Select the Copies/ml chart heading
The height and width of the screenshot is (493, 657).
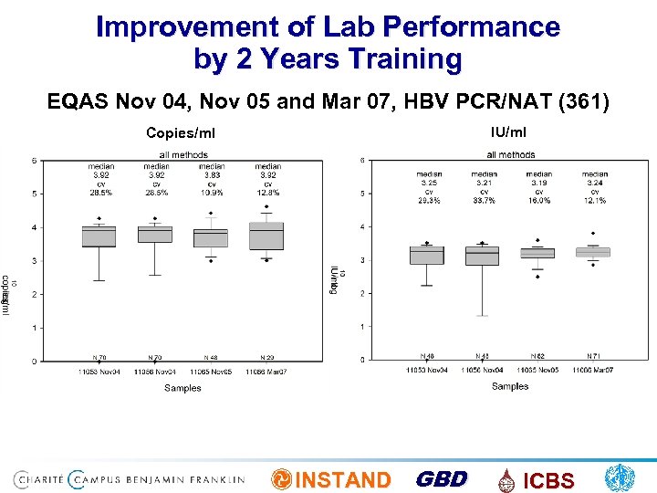coord(181,133)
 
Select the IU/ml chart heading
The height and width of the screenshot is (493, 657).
coord(508,132)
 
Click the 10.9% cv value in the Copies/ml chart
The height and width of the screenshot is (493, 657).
coord(212,193)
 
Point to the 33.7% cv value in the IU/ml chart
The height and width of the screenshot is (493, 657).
coord(484,200)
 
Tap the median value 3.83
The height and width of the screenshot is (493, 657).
coord(212,174)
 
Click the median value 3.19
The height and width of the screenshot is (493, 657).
coord(538,183)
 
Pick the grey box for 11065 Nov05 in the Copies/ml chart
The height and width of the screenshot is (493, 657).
coord(211,237)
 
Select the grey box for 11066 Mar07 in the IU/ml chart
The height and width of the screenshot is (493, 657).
coord(593,252)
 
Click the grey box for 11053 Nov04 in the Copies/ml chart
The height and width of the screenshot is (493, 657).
coord(99,236)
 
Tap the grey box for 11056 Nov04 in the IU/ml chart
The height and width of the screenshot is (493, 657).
coord(482,255)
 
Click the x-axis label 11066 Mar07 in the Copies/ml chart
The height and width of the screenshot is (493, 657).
coord(266,372)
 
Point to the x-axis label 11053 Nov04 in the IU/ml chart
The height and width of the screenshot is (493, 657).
coord(426,369)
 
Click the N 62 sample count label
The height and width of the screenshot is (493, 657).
coord(537,355)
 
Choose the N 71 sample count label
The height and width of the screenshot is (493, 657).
coord(593,355)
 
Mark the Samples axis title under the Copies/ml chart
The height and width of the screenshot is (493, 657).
coord(182,388)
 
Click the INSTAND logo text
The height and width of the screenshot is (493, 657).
coord(344,480)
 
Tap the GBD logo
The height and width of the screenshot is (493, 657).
coord(441,479)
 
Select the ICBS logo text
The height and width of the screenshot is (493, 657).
coord(548,481)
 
